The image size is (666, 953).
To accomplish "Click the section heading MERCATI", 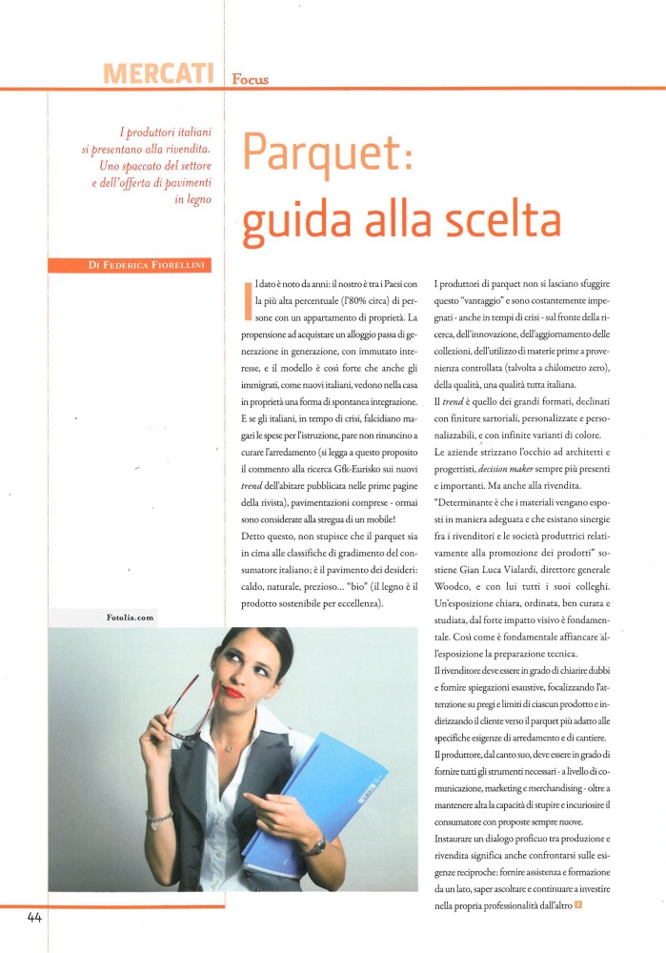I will coord(162,72).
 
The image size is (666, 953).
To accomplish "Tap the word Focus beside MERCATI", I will coord(250,79).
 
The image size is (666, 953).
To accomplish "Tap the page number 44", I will coord(34,918).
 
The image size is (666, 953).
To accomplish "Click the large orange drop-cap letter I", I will coord(249,298).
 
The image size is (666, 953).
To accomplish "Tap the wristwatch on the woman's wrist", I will coord(313,843).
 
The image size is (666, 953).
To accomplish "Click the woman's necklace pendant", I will coord(229,748).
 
